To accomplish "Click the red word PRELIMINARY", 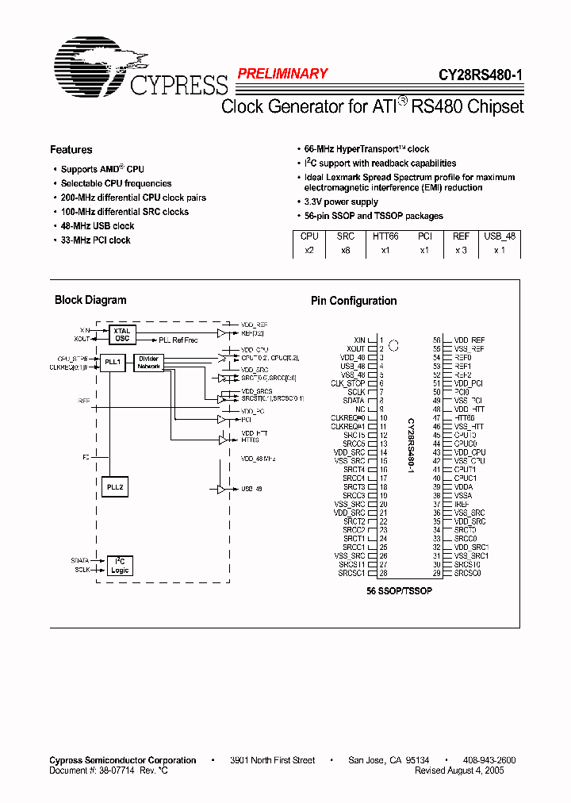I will [x=282, y=74].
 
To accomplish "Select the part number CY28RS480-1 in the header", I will [x=481, y=76].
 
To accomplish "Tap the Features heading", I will [x=71, y=150].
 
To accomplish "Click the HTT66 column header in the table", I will [x=385, y=236].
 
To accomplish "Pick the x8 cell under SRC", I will [x=346, y=250].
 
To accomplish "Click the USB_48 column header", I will [x=500, y=236].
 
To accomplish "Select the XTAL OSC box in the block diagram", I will [x=121, y=334].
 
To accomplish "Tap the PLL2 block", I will [x=113, y=486].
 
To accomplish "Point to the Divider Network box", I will [x=148, y=362].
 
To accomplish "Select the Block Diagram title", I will [x=90, y=300].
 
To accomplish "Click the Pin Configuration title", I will [x=353, y=301].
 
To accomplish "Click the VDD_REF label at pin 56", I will [x=469, y=340].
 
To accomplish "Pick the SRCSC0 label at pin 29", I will [x=468, y=573].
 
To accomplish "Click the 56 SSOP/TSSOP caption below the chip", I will [x=399, y=592].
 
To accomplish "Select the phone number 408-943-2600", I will [x=489, y=760].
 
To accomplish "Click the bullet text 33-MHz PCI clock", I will [x=95, y=240].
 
